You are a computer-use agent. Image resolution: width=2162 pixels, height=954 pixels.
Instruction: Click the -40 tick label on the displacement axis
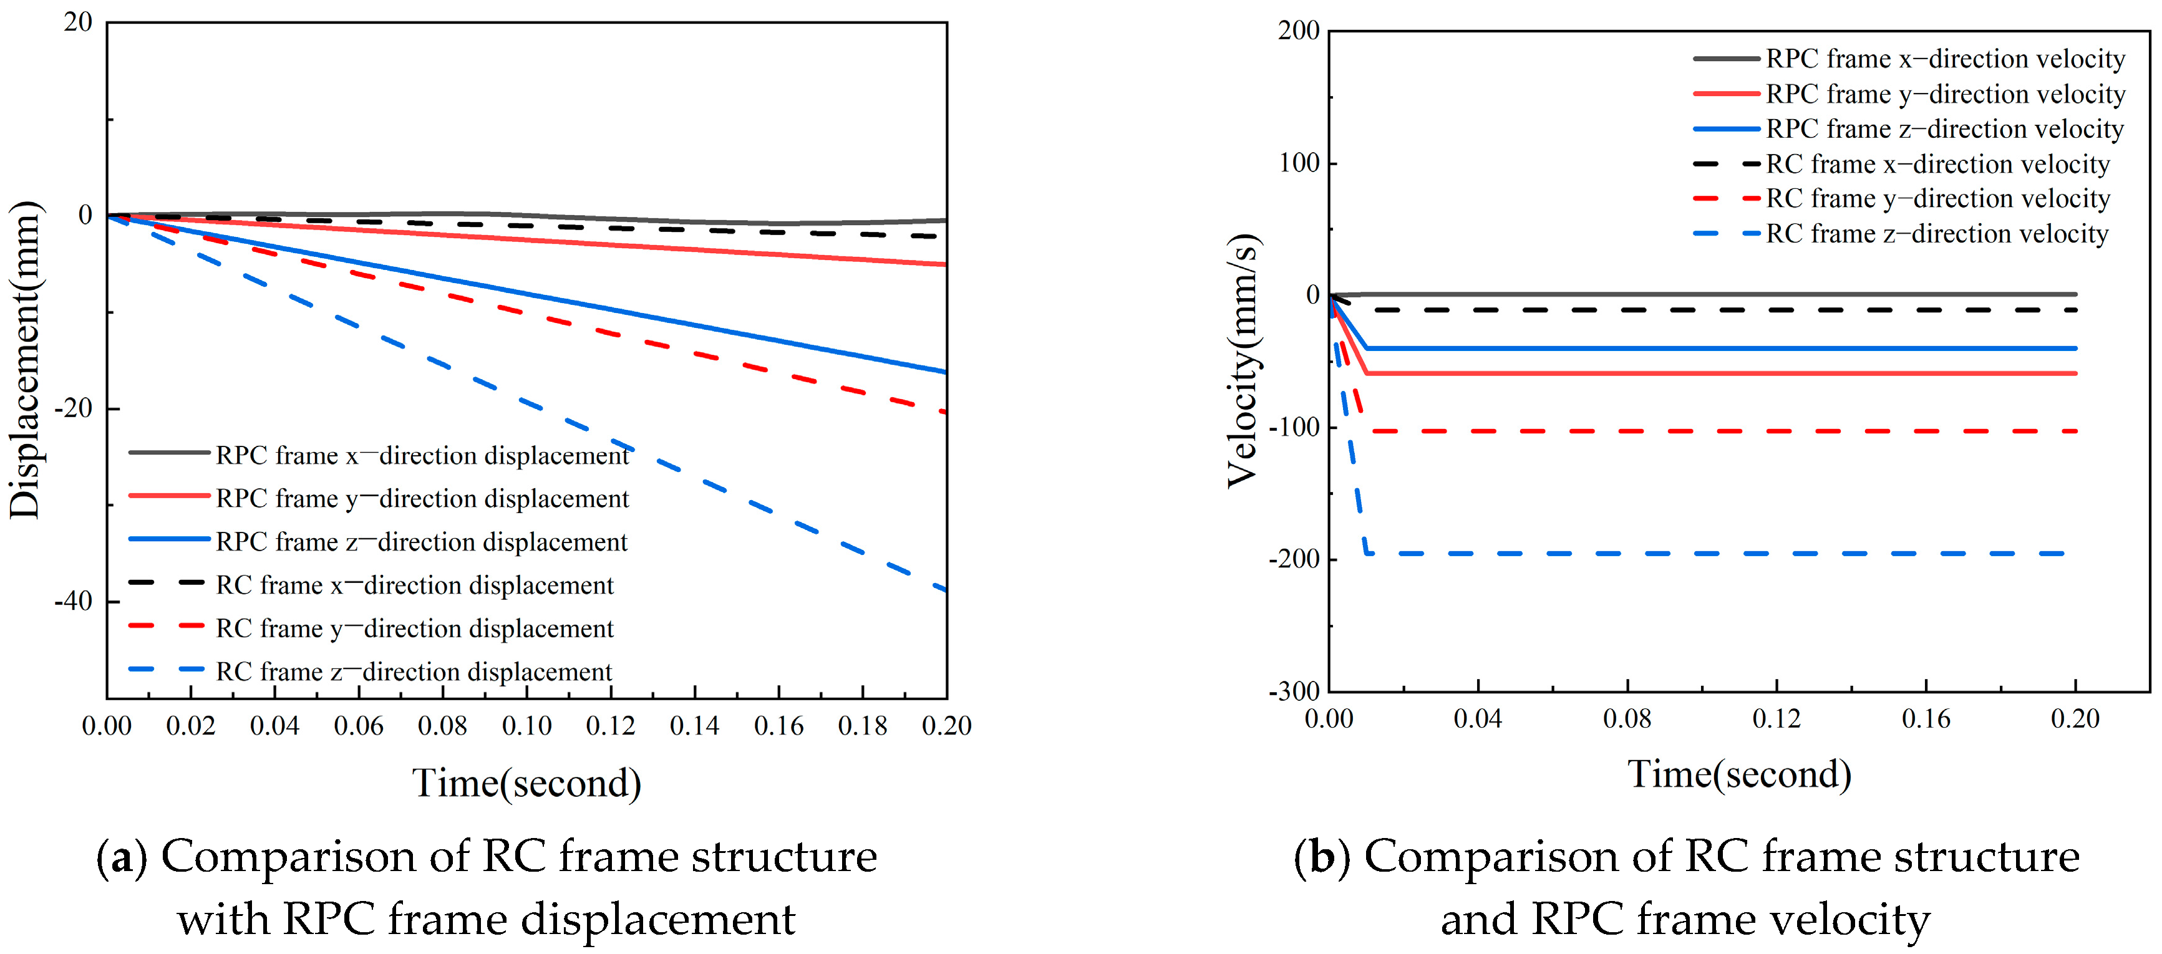[73, 602]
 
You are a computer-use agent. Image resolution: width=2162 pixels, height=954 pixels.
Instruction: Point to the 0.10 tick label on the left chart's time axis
[526, 726]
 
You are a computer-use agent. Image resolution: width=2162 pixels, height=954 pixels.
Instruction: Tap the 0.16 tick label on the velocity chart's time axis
[1926, 719]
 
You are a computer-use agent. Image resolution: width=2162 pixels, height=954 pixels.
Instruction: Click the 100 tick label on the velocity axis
[1299, 163]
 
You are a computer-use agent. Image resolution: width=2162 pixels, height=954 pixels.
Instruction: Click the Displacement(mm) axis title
[24, 361]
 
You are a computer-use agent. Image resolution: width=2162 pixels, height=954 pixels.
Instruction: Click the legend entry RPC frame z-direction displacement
[420, 542]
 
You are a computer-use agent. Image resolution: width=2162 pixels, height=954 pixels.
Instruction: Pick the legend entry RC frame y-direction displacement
[415, 629]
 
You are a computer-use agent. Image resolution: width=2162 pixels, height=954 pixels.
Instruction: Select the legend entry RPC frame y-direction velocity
[1945, 94]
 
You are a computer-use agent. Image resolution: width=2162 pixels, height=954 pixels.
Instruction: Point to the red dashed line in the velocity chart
[1679, 431]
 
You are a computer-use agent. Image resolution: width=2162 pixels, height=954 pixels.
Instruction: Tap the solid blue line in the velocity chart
[1679, 348]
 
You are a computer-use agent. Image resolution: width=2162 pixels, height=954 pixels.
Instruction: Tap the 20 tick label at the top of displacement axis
[78, 22]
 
